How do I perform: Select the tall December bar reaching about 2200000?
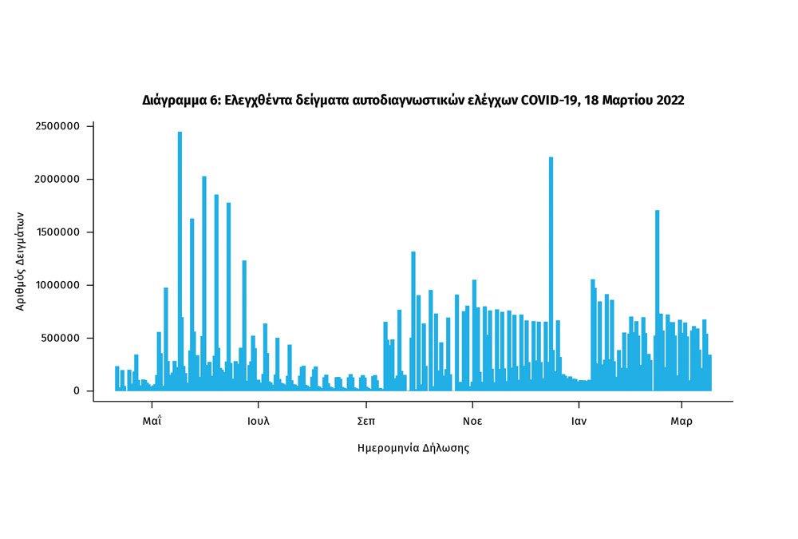coord(551,271)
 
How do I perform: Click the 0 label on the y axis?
coord(77,390)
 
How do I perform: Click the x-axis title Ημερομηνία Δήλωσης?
coord(413,448)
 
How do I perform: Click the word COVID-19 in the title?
coord(549,101)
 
